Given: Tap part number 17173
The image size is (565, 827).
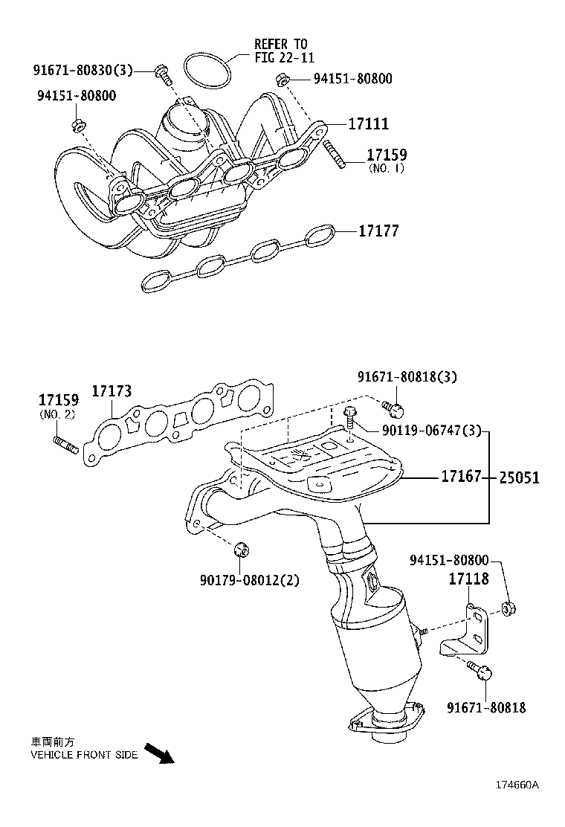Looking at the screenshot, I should click(112, 391).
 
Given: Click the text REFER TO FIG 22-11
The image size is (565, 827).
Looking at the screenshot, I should click(280, 50).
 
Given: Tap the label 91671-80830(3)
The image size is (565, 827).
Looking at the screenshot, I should click(82, 70).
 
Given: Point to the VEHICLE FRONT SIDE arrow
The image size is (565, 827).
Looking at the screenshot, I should click(158, 753).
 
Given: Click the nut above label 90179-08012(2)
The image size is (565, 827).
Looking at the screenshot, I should click(240, 550).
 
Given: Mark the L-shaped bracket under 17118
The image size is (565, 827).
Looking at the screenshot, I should click(468, 631).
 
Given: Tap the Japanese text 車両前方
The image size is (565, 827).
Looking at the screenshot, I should click(52, 741).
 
